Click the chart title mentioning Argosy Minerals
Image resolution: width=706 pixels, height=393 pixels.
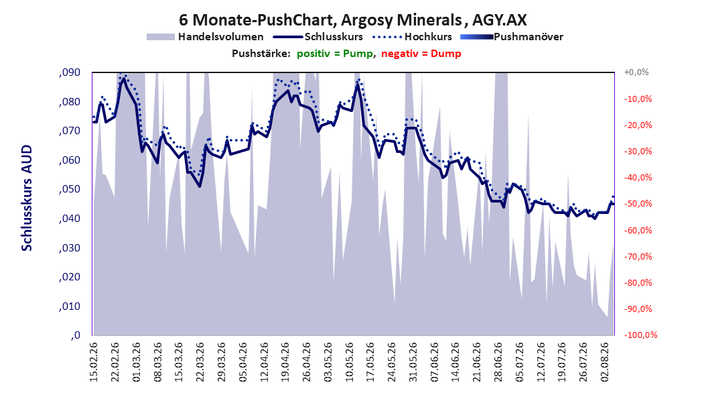(352, 20)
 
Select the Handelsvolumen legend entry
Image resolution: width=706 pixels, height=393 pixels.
(206, 37)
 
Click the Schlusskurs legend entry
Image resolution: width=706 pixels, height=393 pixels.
(318, 37)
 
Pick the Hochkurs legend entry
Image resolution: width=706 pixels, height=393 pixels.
(410, 37)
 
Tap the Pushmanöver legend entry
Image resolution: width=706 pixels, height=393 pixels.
(512, 37)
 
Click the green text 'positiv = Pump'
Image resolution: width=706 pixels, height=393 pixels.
(335, 54)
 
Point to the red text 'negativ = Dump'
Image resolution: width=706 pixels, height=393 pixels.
(421, 54)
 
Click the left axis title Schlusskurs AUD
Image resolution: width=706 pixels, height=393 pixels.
(27, 199)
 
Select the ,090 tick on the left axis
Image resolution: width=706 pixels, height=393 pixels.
(70, 72)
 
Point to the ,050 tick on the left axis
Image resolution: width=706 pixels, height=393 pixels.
(70, 189)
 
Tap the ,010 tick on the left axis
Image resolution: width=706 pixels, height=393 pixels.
(70, 306)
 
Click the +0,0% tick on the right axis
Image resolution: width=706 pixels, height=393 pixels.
(636, 72)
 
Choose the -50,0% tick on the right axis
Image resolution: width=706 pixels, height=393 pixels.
(638, 204)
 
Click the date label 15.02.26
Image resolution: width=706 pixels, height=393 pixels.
(94, 362)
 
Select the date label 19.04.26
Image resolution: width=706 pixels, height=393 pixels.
(285, 362)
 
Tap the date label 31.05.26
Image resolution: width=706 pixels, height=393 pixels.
(413, 362)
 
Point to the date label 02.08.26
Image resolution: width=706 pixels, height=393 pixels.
(605, 362)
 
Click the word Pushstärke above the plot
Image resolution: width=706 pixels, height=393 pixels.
(261, 54)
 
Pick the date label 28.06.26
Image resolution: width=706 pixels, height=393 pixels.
(498, 362)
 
